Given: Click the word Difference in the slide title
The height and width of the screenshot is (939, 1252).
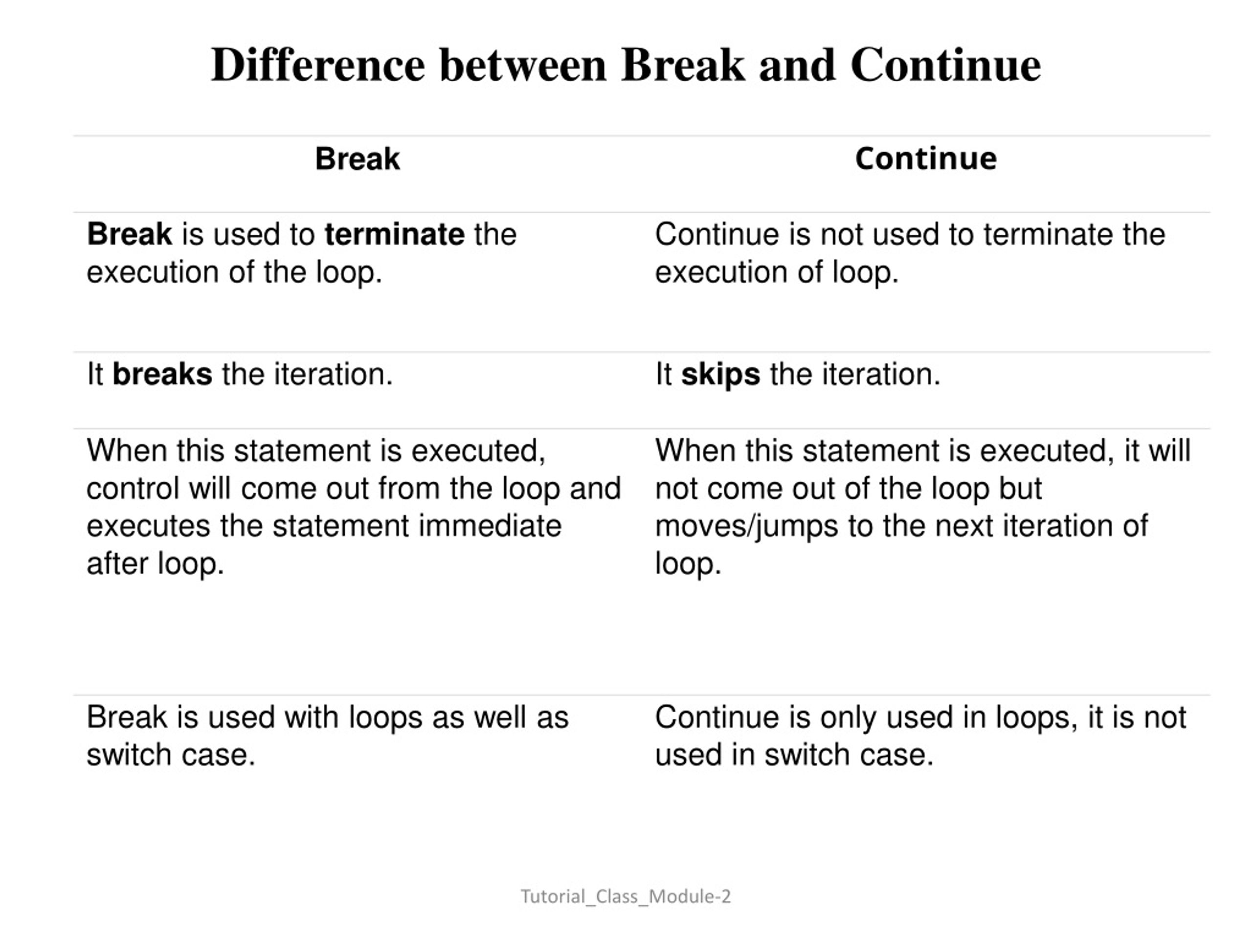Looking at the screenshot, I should [317, 65].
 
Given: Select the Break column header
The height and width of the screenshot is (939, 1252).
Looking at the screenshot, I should [357, 158].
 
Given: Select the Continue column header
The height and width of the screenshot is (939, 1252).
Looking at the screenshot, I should [925, 158].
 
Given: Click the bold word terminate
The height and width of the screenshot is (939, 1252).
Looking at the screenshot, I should [395, 234].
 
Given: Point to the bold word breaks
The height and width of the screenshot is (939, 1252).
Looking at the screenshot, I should [162, 374].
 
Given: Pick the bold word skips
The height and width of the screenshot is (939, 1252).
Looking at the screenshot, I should [720, 374].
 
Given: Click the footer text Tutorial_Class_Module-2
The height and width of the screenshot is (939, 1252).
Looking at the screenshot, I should [626, 896].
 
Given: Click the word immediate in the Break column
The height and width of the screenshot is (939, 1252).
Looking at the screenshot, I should [490, 526].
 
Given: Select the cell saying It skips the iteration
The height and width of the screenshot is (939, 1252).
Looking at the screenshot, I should [798, 374].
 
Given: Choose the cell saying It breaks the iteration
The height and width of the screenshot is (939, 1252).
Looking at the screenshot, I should [240, 374].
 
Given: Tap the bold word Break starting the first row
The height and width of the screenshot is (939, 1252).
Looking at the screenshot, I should [129, 234].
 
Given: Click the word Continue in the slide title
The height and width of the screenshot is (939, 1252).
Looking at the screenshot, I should [945, 65].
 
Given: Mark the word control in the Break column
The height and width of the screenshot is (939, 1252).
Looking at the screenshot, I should [133, 489].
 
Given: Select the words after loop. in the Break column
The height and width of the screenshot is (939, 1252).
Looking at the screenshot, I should [155, 564].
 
